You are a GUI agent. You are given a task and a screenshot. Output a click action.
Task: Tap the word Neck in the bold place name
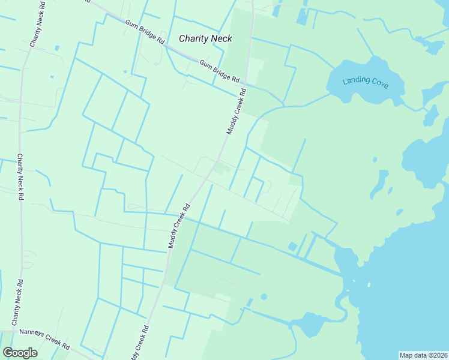[x=220, y=39]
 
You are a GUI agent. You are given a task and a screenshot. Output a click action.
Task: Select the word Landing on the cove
[x=356, y=80]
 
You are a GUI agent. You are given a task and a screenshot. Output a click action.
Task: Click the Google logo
[x=20, y=353]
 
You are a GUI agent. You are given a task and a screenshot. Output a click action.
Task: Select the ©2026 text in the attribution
[x=438, y=355]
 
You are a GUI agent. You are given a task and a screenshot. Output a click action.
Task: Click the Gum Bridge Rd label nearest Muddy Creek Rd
[x=219, y=71]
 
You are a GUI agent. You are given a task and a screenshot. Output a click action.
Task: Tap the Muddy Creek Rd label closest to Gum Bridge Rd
[x=237, y=112]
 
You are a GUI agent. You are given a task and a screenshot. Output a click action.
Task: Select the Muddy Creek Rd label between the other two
[x=179, y=226]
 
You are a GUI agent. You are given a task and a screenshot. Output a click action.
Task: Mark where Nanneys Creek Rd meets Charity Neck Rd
[x=15, y=331]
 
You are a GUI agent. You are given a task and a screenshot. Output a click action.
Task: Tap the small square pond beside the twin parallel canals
[x=292, y=247]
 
